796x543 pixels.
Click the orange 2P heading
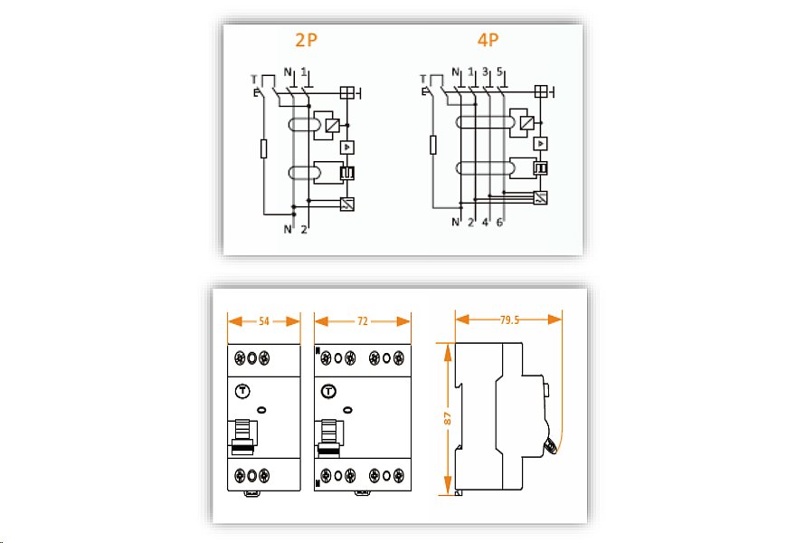306,40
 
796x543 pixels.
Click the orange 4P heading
488,40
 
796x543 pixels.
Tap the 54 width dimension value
264,321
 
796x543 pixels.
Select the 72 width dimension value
362,321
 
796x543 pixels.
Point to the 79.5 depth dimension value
509,319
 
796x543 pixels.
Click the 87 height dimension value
447,418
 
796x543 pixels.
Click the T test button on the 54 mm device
243,391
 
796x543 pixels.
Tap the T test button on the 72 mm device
329,391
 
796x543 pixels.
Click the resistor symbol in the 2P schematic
263,148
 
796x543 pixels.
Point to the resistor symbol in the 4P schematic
433,145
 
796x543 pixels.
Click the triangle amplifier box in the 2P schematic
346,148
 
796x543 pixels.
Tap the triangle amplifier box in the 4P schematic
541,144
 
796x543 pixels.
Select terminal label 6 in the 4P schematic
499,223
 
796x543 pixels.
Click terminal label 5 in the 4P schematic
499,71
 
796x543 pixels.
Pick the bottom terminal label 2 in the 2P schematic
304,230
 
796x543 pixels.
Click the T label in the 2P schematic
254,80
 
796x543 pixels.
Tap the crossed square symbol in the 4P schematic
541,91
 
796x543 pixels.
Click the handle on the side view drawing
550,446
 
